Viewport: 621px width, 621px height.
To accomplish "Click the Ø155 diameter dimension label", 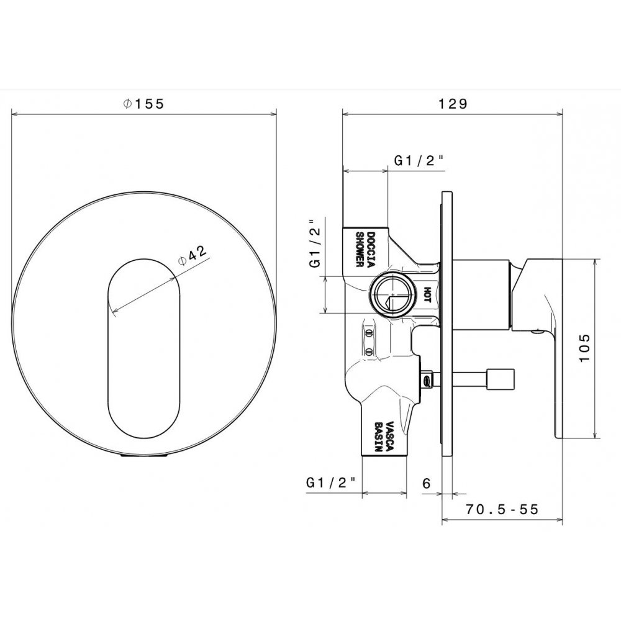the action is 143,104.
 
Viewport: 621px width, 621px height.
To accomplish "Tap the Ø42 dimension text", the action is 193,255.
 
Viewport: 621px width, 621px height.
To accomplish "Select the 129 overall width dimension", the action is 452,104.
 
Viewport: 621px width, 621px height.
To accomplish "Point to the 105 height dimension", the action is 584,348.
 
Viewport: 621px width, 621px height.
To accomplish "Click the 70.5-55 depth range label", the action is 502,509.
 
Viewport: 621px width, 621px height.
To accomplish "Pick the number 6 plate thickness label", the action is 426,483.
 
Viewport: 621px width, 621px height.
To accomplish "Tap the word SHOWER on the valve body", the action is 360,249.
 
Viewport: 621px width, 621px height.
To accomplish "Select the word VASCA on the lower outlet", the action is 390,437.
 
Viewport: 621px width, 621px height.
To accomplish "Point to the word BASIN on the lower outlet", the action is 379,437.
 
